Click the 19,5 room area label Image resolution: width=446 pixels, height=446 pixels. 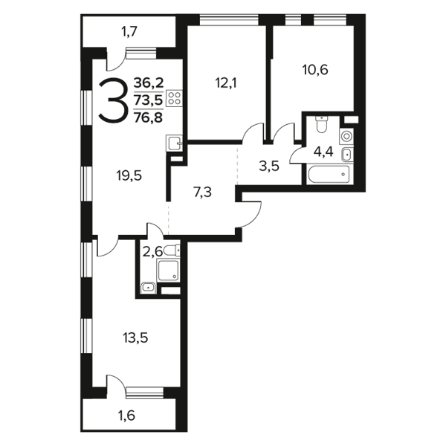click(129, 176)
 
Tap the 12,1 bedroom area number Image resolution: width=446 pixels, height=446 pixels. click(226, 83)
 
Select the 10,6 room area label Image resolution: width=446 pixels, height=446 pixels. click(315, 70)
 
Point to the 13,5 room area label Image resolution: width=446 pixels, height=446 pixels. click(135, 338)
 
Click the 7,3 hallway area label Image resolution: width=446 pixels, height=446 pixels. click(202, 193)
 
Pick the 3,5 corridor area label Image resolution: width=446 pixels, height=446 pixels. click(269, 167)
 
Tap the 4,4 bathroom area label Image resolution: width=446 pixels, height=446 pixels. click(323, 152)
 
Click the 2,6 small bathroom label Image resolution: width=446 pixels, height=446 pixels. click(152, 252)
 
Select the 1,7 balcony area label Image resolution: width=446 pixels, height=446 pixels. click(129, 31)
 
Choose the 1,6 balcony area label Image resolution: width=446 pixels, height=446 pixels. click(126, 416)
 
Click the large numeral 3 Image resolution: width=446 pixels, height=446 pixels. click(111, 100)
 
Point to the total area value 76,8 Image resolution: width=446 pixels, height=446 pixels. click(148, 117)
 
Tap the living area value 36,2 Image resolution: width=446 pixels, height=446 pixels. click(149, 83)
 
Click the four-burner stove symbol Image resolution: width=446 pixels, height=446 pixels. click(175, 98)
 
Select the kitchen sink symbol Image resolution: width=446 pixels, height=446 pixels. click(175, 143)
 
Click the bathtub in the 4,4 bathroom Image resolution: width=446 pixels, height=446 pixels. click(329, 174)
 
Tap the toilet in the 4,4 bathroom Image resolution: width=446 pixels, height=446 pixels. click(322, 124)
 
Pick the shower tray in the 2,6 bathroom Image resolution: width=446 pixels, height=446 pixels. click(169, 271)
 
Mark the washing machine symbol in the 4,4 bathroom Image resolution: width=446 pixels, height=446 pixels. click(346, 136)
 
